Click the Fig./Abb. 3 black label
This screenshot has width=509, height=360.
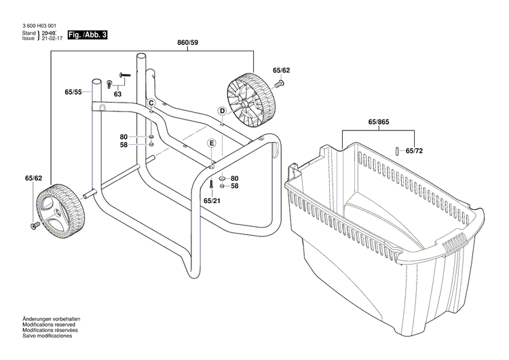pos(88,35)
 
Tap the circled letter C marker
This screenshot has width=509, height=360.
pos(151,103)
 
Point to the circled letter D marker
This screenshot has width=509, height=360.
pos(221,111)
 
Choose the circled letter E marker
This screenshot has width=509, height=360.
pos(211,143)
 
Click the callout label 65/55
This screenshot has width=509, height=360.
pos(73,92)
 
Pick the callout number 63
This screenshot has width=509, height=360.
pos(117,94)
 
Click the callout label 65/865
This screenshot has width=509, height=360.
pos(379,122)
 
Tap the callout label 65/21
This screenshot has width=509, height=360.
pos(211,200)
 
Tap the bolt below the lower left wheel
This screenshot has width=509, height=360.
pos(34,226)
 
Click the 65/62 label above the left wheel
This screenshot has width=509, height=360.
pos(33,178)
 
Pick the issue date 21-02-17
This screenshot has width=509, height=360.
pos(52,39)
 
